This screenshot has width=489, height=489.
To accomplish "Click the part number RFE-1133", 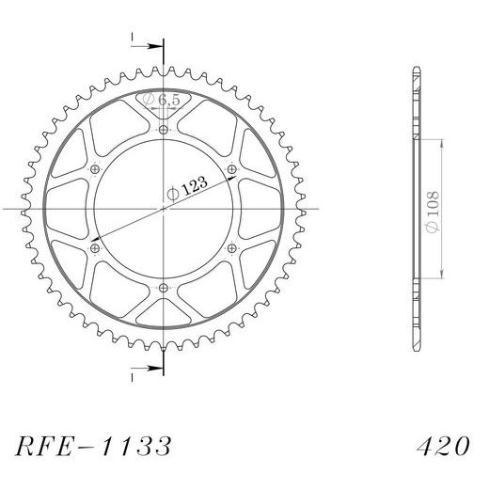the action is coord(93,446).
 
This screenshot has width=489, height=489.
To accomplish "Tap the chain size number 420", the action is coord(443,446).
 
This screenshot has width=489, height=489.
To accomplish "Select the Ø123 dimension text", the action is coord(187,189).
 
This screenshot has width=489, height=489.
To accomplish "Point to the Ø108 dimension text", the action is coord(433,212).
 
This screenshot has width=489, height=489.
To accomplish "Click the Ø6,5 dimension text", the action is coord(161,100).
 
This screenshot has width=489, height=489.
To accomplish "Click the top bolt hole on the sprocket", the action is coord(164,130).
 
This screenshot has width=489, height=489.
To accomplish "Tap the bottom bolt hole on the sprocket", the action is coord(164,288).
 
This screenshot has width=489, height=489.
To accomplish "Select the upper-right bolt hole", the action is coord(231,169).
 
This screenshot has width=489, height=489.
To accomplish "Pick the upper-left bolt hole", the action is coord(95,169).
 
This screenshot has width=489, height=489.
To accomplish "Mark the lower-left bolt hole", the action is coord(95,248).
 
